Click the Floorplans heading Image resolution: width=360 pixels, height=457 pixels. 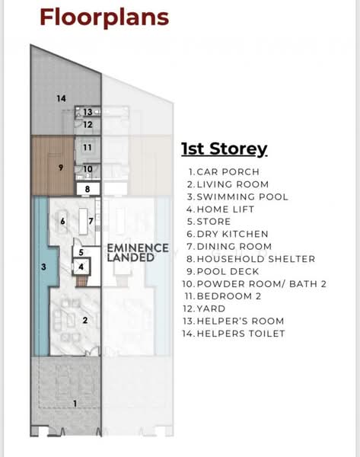[x=104, y=18]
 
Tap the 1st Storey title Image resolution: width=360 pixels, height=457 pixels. [x=225, y=149]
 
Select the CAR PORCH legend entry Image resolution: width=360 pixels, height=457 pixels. [x=224, y=172]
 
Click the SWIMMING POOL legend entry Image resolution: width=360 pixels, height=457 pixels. [x=237, y=197]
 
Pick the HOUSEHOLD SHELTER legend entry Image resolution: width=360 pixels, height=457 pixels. [x=251, y=259]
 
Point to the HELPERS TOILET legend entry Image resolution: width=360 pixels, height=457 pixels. [x=234, y=334]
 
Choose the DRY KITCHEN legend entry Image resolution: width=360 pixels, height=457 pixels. [x=228, y=234]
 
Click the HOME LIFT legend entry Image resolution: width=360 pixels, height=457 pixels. [x=221, y=209]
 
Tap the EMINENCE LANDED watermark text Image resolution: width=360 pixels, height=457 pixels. [x=138, y=253]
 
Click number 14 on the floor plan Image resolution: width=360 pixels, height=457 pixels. [x=61, y=98]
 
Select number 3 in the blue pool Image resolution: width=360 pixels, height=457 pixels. [x=43, y=267]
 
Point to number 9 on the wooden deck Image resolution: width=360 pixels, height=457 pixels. [x=61, y=168]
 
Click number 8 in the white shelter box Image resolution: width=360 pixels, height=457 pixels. [x=88, y=189]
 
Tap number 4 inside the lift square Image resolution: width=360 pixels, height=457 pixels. [x=81, y=267]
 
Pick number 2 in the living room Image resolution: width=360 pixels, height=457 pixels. [x=85, y=321]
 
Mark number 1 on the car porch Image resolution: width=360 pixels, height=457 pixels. [x=75, y=404]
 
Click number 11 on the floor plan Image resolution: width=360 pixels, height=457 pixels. [x=88, y=148]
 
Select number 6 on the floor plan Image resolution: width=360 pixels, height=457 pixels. [x=62, y=221]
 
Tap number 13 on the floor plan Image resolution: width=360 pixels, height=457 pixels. [x=88, y=112]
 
